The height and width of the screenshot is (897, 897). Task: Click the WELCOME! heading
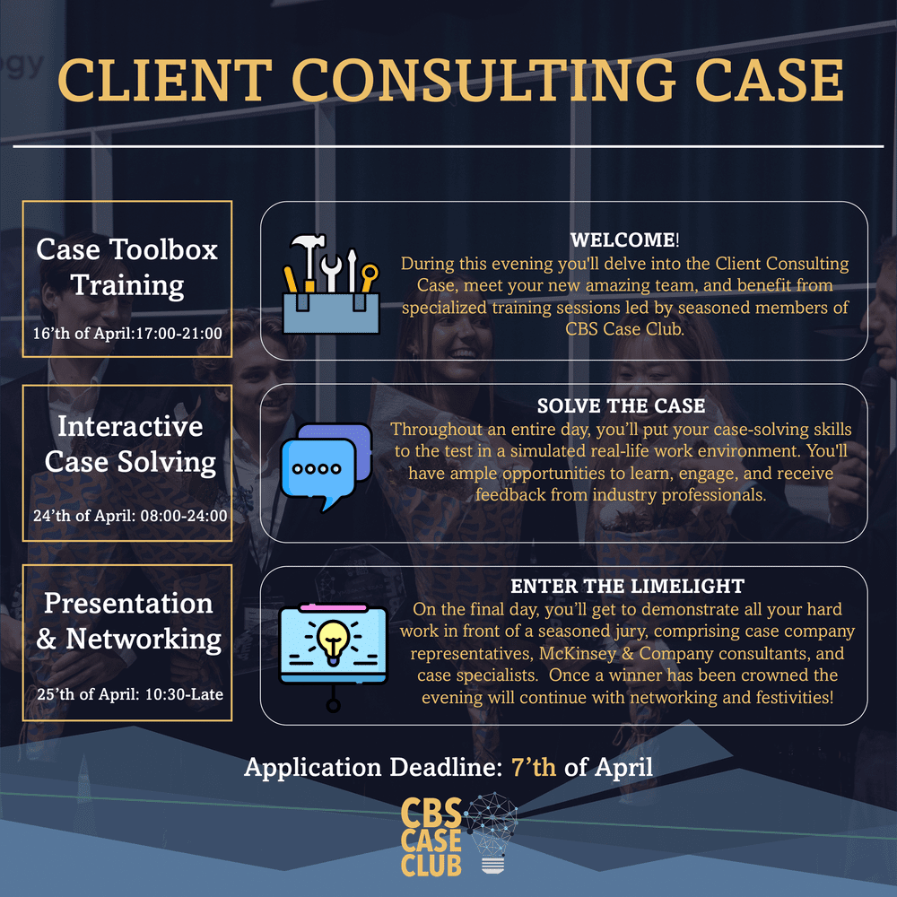point(625,241)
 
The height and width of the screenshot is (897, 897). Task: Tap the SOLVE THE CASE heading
point(621,406)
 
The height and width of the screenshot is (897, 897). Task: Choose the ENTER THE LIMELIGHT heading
point(627,587)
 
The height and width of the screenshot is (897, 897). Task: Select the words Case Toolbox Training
point(127,266)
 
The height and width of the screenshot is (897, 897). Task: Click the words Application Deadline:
point(373,768)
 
